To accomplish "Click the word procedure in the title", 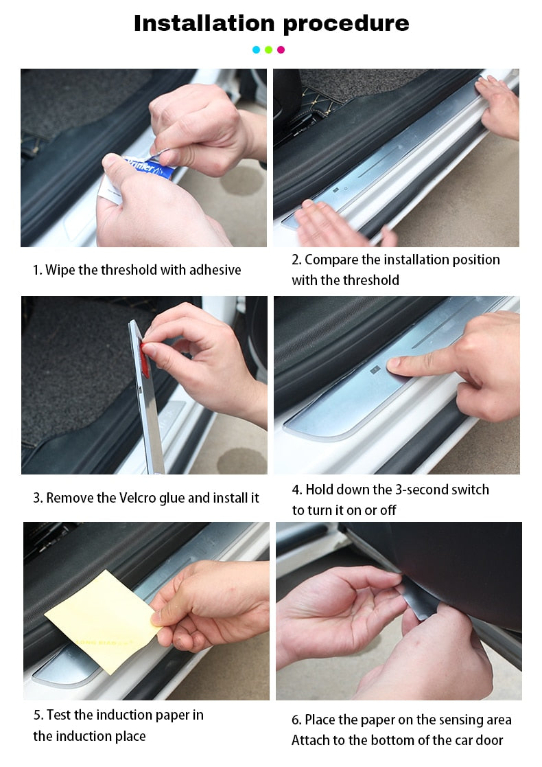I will tap(346, 24).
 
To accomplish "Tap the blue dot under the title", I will tap(256, 49).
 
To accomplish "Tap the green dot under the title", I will tap(268, 49).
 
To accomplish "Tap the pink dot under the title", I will tap(281, 49).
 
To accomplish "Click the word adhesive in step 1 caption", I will tap(213, 270).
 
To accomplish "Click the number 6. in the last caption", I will tap(296, 720).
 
